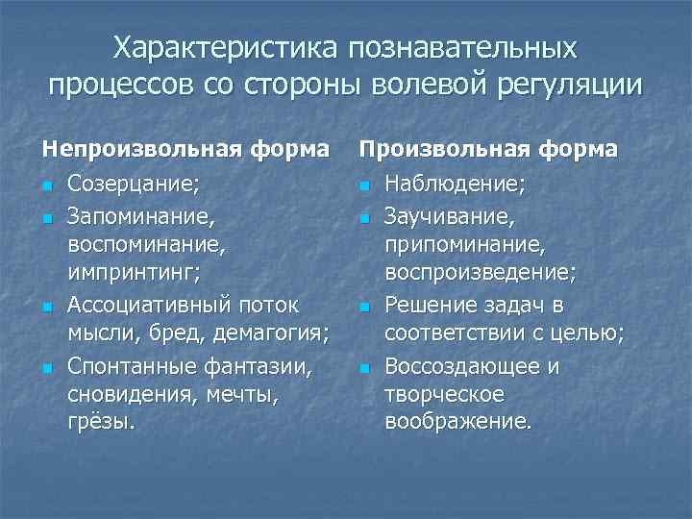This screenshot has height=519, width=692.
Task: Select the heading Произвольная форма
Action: point(488,149)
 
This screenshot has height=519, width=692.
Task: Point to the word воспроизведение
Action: point(479,274)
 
